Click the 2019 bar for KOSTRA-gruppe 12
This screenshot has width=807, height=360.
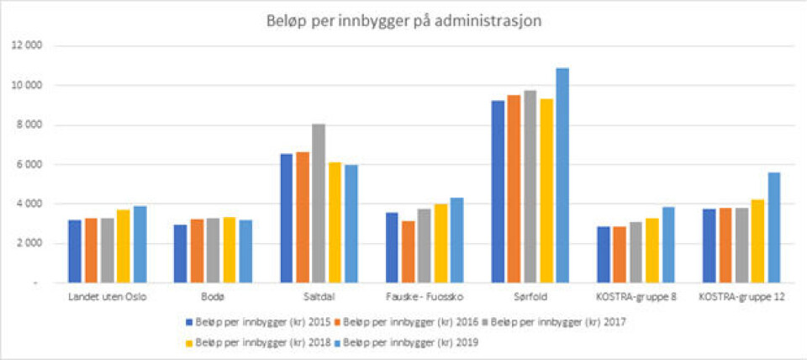pyautogui.click(x=773, y=227)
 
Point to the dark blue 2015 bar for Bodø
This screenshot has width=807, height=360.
pyautogui.click(x=181, y=253)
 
